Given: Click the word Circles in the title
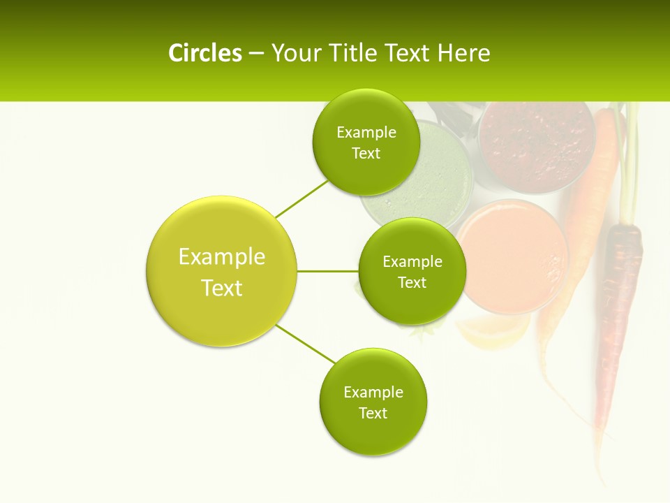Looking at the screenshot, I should click(x=204, y=53).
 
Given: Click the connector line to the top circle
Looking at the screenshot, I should click(x=301, y=198).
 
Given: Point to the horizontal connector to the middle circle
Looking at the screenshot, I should click(x=328, y=271).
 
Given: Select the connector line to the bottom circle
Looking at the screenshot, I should click(x=306, y=343).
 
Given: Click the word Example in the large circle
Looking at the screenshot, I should click(x=221, y=256).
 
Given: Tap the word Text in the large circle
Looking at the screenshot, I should click(x=221, y=288).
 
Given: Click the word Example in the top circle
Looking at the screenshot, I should click(x=366, y=133).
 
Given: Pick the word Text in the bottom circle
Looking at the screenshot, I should click(x=373, y=413).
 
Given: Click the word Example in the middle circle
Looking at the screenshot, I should click(x=412, y=262).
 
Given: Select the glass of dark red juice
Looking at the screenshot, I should click(x=536, y=143).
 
